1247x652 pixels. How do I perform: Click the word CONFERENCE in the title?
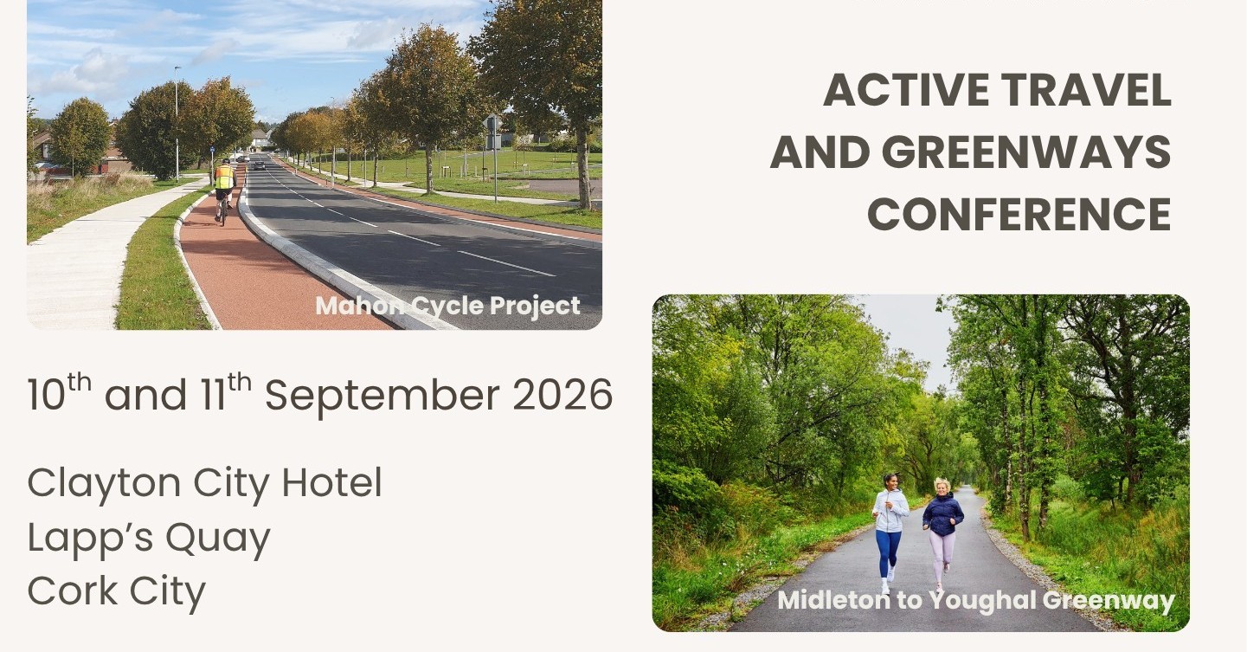point(1019,215)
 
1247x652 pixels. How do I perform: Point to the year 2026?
point(562,395)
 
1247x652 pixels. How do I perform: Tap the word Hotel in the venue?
point(331,482)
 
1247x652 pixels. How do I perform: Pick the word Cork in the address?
point(72,591)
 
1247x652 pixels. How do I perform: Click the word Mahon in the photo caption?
point(360,306)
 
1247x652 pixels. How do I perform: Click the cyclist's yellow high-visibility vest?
point(224,177)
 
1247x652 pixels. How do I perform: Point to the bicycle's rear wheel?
point(223,213)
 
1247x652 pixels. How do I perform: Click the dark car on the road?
point(259,165)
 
